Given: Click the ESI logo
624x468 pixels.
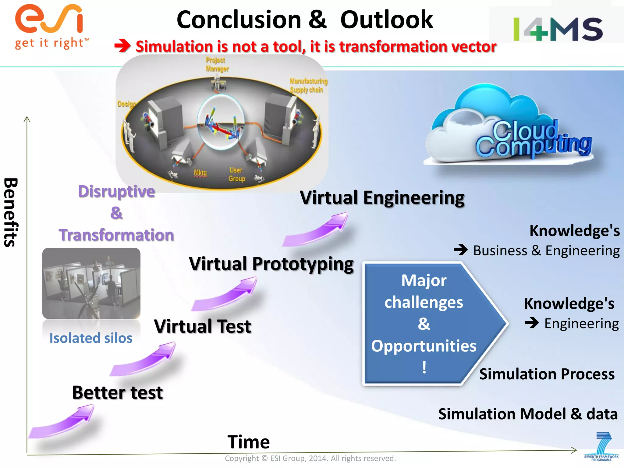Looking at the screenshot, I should tap(50, 26).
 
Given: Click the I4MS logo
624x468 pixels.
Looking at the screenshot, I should tap(558, 29).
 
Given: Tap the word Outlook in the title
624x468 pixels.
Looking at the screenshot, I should tap(386, 20).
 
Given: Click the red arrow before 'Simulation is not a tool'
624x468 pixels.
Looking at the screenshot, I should tap(122, 46).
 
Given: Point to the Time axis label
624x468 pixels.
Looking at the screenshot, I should tap(249, 442).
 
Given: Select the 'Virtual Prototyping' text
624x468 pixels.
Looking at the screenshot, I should tap(271, 264).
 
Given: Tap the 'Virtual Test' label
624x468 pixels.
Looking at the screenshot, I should tap(203, 326).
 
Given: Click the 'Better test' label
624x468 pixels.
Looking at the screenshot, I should tap(117, 392).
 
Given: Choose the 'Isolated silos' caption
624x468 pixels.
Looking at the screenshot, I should tap(91, 338).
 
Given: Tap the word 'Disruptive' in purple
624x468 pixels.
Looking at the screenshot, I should tap(116, 191).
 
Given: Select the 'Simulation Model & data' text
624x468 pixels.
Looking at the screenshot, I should tap(528, 414).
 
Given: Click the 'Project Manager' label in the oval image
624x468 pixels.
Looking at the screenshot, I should tap(217, 64).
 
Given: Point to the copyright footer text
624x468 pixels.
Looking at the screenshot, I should tap(310, 458).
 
